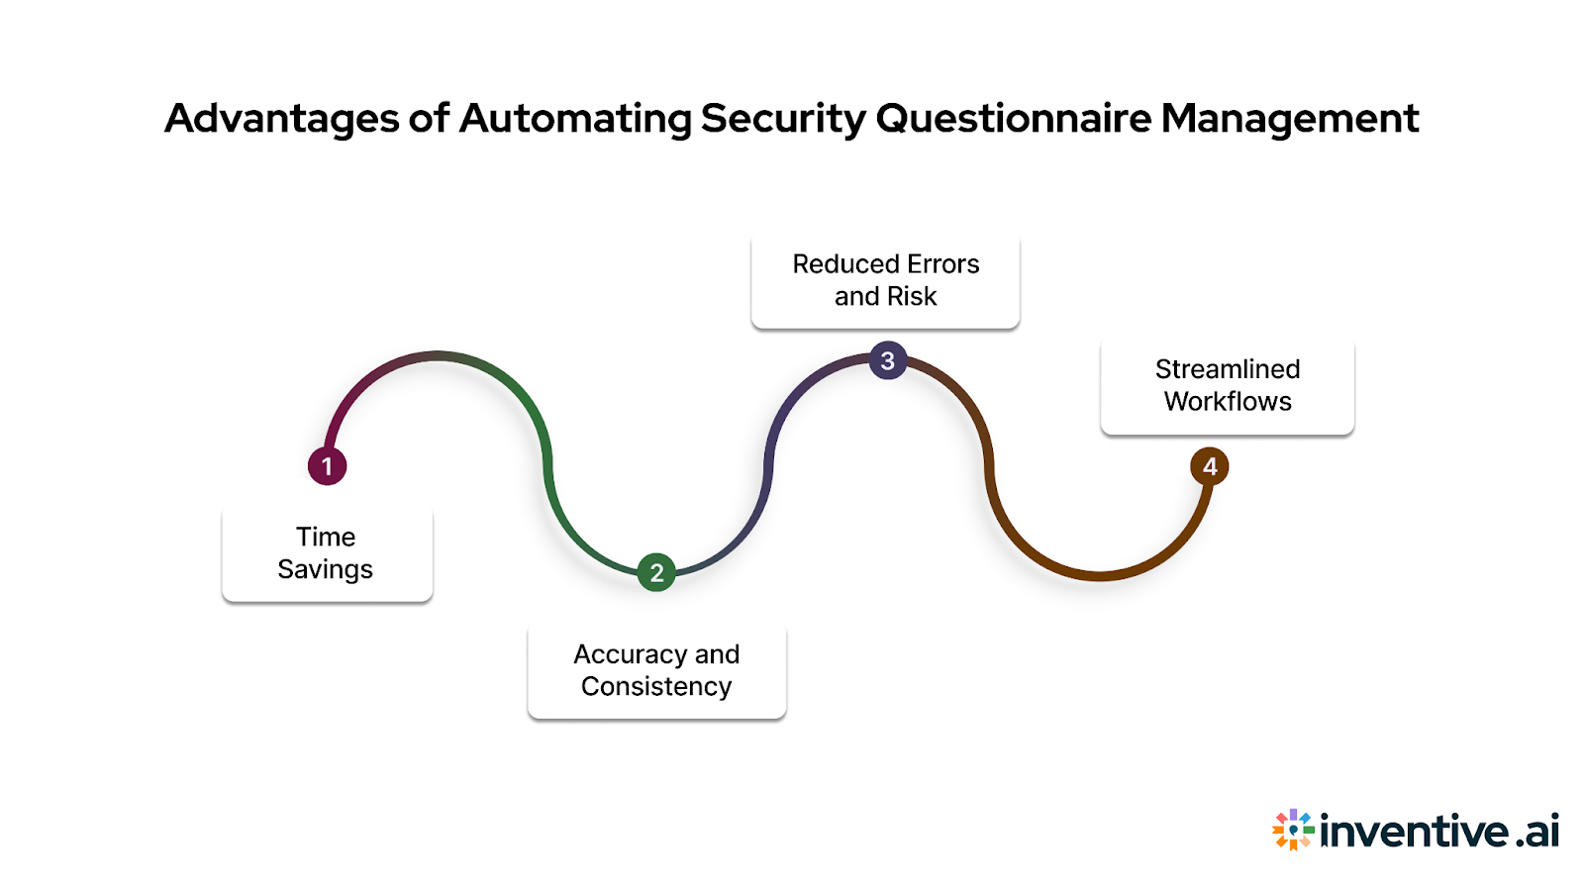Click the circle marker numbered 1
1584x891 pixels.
point(327,466)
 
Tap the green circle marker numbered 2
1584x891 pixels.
point(656,572)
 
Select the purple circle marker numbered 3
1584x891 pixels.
point(888,361)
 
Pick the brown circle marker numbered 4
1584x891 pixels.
point(1209,466)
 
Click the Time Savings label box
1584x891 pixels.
point(327,553)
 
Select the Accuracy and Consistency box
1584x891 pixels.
point(656,670)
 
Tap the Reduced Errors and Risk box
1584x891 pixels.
point(885,280)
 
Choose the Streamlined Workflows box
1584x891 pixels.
point(1227,385)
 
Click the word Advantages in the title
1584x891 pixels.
point(281,120)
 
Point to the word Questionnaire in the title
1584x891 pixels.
point(1014,120)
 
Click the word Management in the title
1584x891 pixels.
point(1290,120)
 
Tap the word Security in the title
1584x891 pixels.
point(783,120)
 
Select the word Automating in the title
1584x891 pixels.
point(575,120)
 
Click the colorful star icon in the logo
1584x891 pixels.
point(1293,830)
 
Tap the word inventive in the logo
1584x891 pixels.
point(1415,831)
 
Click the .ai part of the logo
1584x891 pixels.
point(1537,831)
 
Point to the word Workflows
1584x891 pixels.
point(1228,402)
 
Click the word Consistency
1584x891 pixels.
point(656,687)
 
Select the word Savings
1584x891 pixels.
point(325,570)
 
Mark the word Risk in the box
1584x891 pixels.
point(912,297)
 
